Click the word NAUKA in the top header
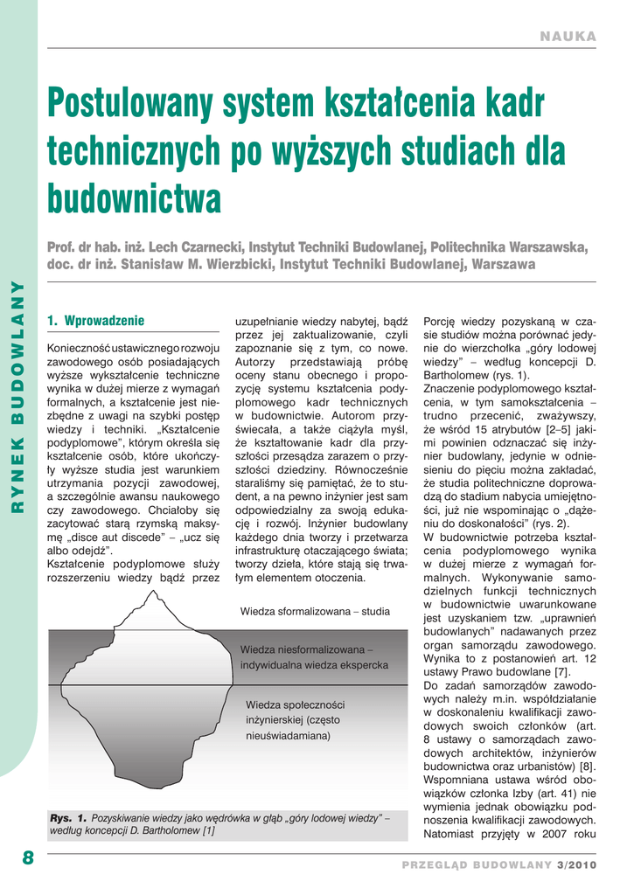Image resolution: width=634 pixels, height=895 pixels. [568, 37]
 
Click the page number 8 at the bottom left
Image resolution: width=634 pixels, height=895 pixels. [28, 857]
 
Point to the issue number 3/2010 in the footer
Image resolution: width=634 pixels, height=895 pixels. [575, 864]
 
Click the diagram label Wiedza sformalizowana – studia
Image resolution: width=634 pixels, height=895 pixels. [315, 612]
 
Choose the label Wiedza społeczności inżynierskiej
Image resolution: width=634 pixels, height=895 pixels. [295, 704]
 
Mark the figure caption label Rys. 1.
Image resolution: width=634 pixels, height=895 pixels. [67, 817]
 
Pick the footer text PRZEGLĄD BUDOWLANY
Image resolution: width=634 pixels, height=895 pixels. [477, 864]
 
